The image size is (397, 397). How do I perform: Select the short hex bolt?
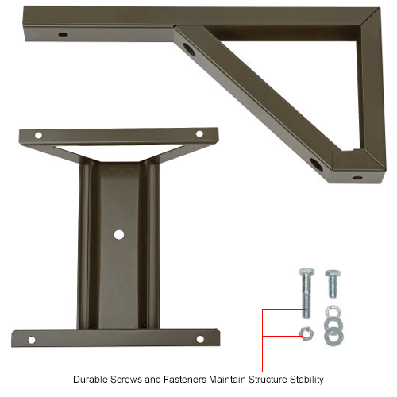coord(332,283)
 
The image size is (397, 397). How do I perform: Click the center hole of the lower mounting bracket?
coord(119,234)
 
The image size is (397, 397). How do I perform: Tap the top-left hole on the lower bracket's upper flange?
coord(38,136)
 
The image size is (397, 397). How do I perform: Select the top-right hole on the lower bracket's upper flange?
coord(199,133)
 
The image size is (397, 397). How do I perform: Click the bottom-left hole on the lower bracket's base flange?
coord(31,340)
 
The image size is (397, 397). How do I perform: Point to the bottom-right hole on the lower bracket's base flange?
coord(200,339)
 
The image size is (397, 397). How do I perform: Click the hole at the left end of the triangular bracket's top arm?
coord(63,35)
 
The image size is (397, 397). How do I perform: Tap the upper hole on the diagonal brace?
coord(189,49)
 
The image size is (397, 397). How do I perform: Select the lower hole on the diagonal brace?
coord(316,164)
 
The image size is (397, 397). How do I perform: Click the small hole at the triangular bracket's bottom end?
coord(357,177)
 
